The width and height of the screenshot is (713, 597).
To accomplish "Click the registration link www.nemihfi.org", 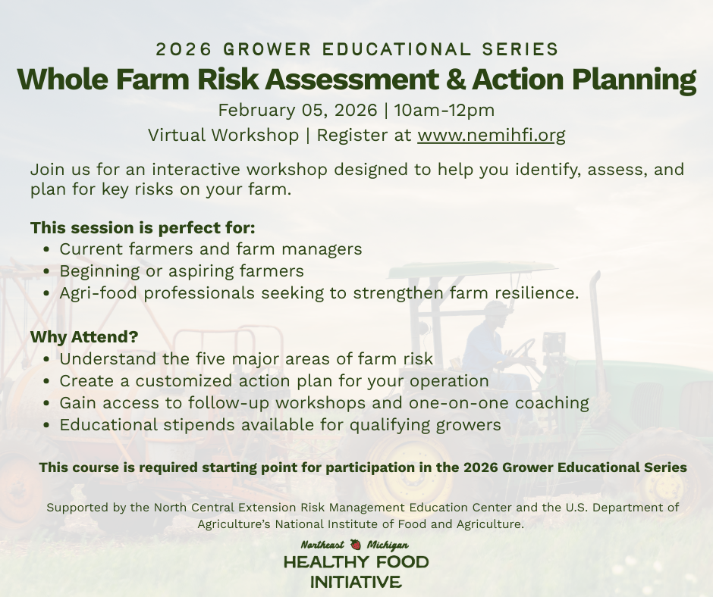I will pos(491,136).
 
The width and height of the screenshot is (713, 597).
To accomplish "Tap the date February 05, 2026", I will pos(297,110).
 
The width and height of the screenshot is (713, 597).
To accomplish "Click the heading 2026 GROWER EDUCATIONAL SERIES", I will pos(356,49).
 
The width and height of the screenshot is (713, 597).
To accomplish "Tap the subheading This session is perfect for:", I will pos(143,227).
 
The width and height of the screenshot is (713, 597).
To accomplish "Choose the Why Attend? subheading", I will pos(84,336).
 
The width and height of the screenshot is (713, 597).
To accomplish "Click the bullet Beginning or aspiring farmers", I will pos(181,270).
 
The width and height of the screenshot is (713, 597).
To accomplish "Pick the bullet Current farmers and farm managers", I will pos(210,248).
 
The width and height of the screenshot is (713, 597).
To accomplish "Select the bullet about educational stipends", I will pos(280,424).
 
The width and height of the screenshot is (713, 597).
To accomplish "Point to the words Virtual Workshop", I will pos(223,136).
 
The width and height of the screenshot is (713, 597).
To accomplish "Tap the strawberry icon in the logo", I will pos(356,545).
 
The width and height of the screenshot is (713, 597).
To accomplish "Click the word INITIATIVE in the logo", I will pos(356,582).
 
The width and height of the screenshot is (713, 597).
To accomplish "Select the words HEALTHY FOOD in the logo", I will pos(356,563).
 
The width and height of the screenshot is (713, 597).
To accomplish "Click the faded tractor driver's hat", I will pos(497,309).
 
